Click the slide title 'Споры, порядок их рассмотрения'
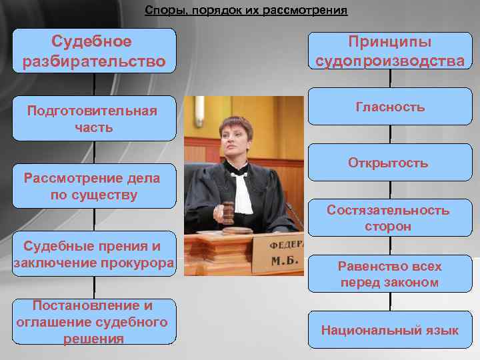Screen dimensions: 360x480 coord(246,11)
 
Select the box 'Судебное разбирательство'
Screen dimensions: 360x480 coord(94,51)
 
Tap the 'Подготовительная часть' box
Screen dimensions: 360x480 coord(94,119)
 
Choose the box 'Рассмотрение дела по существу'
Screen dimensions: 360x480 coord(94,187)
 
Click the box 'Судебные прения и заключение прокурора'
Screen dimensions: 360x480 coord(94,255)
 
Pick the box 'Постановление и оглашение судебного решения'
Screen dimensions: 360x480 coord(94,322)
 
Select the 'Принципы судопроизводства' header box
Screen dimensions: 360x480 coord(390,51)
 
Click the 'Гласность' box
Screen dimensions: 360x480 coord(390,107)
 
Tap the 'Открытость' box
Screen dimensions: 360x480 coord(390,163)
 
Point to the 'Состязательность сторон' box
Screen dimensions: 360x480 coord(390,219)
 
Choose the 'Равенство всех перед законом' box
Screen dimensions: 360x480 coord(390,275)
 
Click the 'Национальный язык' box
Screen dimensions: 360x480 coord(390,330)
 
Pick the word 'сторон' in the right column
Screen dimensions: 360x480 coord(388,227)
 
